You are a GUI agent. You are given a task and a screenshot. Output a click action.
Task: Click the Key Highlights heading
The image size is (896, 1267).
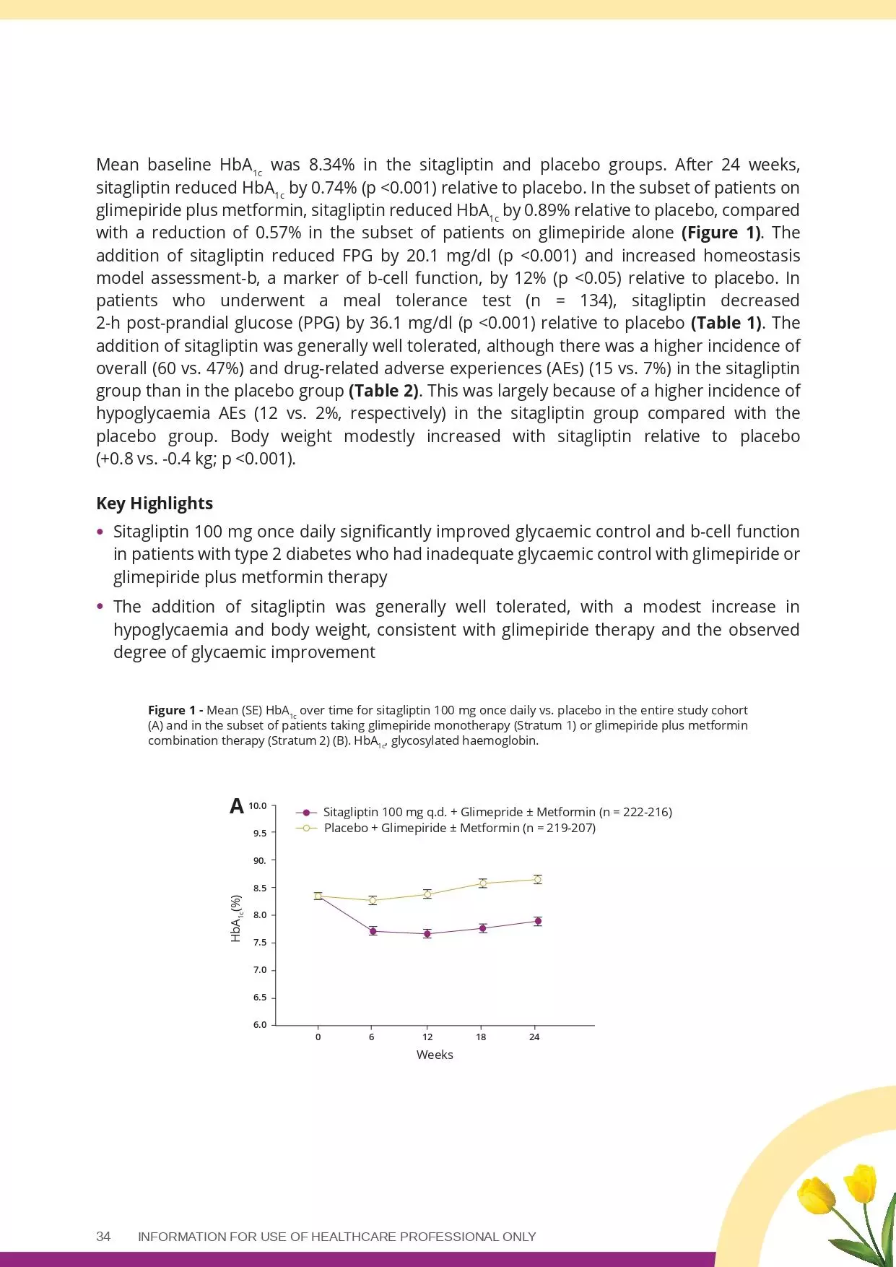[155, 503]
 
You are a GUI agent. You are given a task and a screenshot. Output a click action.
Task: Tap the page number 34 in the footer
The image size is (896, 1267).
[103, 1236]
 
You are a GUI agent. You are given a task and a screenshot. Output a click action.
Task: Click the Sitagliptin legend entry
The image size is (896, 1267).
[497, 812]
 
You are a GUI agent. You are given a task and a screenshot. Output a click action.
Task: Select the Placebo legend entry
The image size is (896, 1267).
[459, 828]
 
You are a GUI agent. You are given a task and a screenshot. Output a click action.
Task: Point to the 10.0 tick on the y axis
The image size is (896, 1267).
[258, 805]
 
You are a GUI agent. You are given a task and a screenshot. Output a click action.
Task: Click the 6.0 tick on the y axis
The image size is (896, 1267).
[259, 1024]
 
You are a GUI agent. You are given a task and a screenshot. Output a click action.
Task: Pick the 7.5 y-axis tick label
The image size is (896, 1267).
[259, 943]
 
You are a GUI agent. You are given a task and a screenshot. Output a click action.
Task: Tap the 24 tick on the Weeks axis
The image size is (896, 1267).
[534, 1037]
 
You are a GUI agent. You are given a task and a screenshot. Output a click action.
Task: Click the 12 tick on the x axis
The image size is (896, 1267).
[427, 1037]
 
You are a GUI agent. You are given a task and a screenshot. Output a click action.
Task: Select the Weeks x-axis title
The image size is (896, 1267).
[435, 1055]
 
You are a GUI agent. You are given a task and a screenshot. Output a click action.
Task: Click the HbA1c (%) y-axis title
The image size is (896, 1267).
[236, 919]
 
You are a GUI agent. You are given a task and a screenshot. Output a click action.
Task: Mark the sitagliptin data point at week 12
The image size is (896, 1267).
[427, 934]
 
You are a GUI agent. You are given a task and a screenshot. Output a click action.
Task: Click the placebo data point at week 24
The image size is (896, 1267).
[537, 879]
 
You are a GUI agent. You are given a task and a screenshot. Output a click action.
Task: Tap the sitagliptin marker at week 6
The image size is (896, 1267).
[373, 931]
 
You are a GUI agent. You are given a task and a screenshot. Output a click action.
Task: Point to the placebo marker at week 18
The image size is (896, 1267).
[482, 883]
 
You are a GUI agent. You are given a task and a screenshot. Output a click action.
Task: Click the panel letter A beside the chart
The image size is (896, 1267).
[237, 806]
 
